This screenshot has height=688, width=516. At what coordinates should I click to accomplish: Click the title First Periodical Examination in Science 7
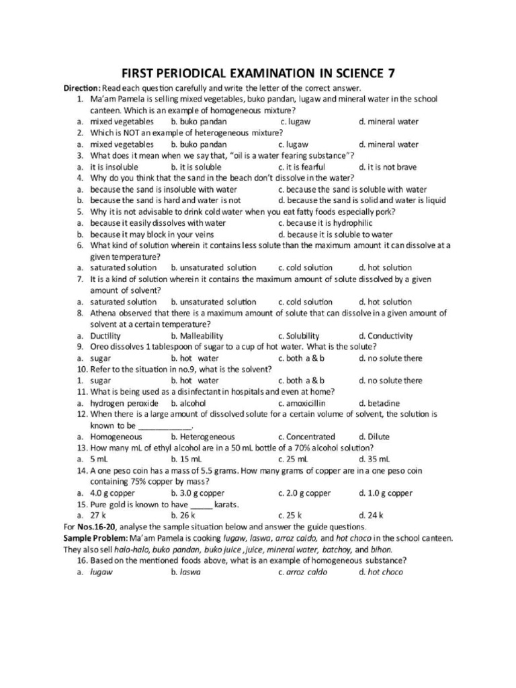click(258, 73)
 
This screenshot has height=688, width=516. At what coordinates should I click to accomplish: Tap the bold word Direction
click(82, 89)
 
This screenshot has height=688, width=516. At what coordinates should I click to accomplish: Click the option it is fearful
click(306, 167)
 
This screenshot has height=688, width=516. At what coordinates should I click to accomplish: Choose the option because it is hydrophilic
click(329, 223)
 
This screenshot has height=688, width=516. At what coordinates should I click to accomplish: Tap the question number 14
click(82, 470)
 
